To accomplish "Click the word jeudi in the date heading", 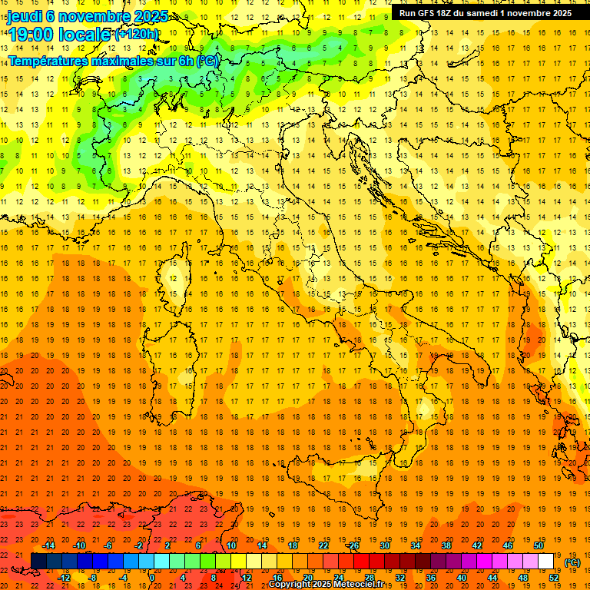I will click(25, 16).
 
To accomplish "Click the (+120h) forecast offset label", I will click(136, 34).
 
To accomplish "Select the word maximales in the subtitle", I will click(119, 61).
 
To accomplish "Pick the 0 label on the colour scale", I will click(151, 578).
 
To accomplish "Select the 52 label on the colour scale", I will click(554, 578).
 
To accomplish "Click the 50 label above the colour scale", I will click(539, 546).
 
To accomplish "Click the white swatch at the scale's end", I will click(545, 562).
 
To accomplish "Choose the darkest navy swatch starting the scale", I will click(38, 562).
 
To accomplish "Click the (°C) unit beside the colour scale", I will click(573, 562).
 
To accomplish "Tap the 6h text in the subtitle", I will click(184, 61).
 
